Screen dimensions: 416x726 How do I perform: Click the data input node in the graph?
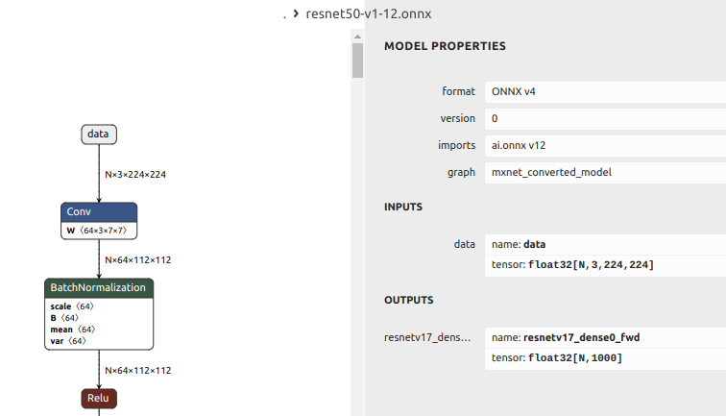click(98, 135)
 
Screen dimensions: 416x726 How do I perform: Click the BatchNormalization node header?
click(99, 287)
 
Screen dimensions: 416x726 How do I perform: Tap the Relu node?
click(98, 397)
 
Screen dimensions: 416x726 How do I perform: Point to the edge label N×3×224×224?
click(135, 175)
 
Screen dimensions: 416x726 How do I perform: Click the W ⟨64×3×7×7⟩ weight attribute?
click(100, 231)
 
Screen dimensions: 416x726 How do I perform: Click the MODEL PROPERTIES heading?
click(445, 46)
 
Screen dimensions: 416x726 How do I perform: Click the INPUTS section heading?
click(403, 207)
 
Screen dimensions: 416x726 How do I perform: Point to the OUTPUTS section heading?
click(409, 300)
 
